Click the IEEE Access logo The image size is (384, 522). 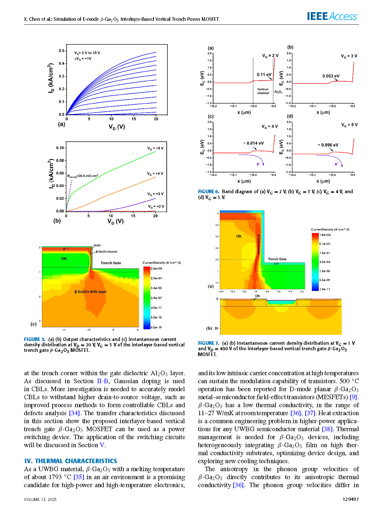[333, 16]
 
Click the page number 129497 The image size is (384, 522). [350, 499]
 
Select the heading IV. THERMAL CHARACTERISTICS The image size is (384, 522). [71, 461]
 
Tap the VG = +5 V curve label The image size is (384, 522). [155, 148]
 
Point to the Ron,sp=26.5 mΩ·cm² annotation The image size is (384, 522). [83, 176]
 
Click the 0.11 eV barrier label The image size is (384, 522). [264, 75]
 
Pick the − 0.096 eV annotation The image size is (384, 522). [328, 145]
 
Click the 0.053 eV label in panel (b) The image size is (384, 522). [331, 76]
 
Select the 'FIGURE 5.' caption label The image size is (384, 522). [35, 339]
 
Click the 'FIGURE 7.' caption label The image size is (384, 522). [209, 343]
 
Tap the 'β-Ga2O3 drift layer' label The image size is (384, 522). [91, 291]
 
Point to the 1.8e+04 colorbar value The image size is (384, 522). [325, 235]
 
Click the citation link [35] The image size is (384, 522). [79, 477]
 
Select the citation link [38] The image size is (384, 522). [327, 429]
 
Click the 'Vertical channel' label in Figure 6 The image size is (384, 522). [263, 91]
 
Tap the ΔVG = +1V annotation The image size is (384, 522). [83, 59]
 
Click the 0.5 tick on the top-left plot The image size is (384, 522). [61, 51]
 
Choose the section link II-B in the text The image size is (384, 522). [103, 381]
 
